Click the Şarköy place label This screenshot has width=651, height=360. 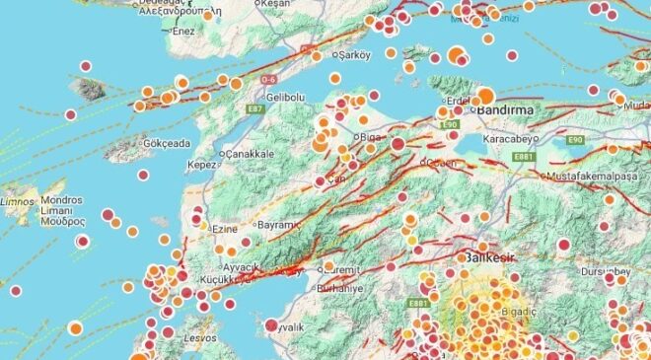(x=356, y=55)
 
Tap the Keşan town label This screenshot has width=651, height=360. (x=277, y=4)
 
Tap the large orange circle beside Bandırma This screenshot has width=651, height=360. (x=486, y=97)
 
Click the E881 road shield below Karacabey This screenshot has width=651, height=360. (x=523, y=156)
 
